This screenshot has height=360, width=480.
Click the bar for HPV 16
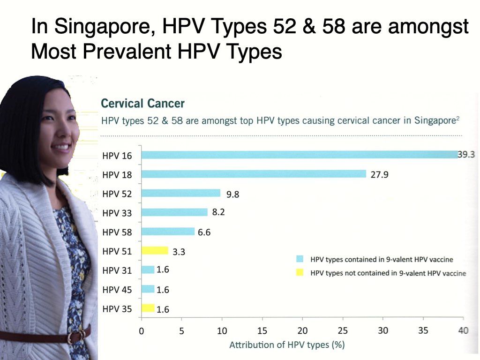[x=300, y=155]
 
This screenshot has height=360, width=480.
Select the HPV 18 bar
[x=254, y=174]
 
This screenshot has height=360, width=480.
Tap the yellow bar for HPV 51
[x=155, y=250]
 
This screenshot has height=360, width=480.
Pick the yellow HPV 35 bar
[x=148, y=308]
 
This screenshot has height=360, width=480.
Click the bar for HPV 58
[x=168, y=232]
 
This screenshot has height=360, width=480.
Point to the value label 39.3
[x=466, y=154]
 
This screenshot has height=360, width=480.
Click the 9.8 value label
[x=232, y=194]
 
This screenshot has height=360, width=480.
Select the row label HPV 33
[x=117, y=213]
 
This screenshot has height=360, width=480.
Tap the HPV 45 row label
[x=117, y=290]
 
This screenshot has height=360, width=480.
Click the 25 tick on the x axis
[x=343, y=330]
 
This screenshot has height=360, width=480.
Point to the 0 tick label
[x=142, y=331]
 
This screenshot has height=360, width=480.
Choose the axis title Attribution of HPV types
[x=287, y=345]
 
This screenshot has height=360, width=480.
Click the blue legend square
[x=300, y=259]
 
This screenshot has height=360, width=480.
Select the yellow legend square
[x=300, y=272]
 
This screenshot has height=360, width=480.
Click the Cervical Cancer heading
[x=142, y=104]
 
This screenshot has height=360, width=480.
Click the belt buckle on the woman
[x=76, y=336]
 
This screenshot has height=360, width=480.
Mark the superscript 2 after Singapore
[x=458, y=118]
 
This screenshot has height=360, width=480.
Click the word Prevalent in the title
[x=127, y=52]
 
